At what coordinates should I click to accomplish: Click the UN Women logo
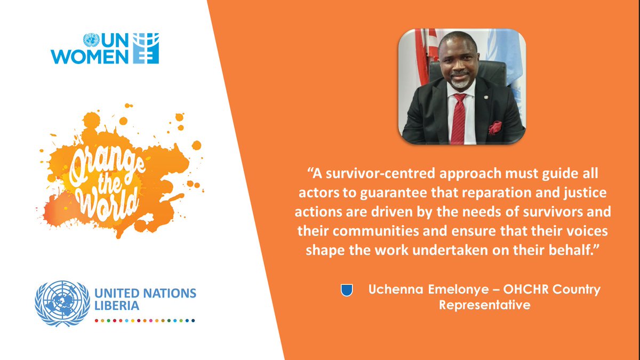(x=105, y=49)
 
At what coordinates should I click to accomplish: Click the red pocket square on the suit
(x=495, y=128)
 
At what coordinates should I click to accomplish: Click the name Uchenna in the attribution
(x=395, y=290)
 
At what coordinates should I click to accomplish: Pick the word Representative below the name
(x=484, y=306)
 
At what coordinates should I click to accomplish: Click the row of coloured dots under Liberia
(x=145, y=321)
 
